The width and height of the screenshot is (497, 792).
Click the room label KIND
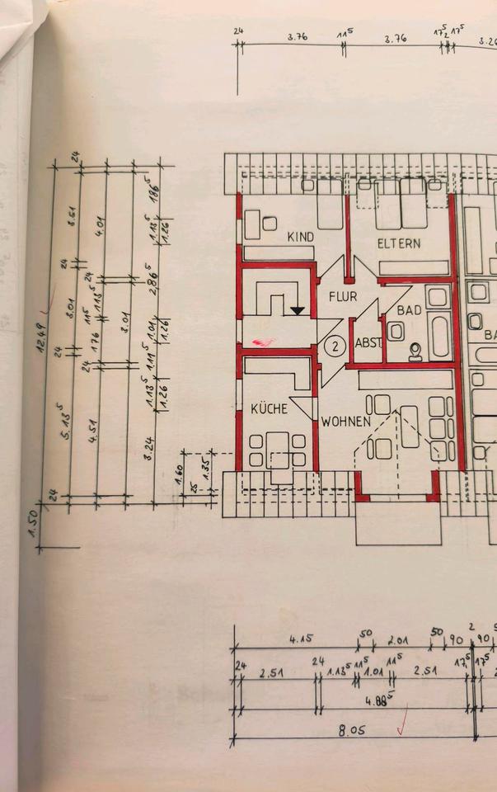(300, 238)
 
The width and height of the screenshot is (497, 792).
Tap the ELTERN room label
(399, 243)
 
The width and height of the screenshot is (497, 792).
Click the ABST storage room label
(367, 343)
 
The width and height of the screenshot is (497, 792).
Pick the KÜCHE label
(268, 408)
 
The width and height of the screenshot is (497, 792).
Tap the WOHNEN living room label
(346, 422)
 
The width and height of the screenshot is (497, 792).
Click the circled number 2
(334, 346)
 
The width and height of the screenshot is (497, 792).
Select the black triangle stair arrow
(297, 310)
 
